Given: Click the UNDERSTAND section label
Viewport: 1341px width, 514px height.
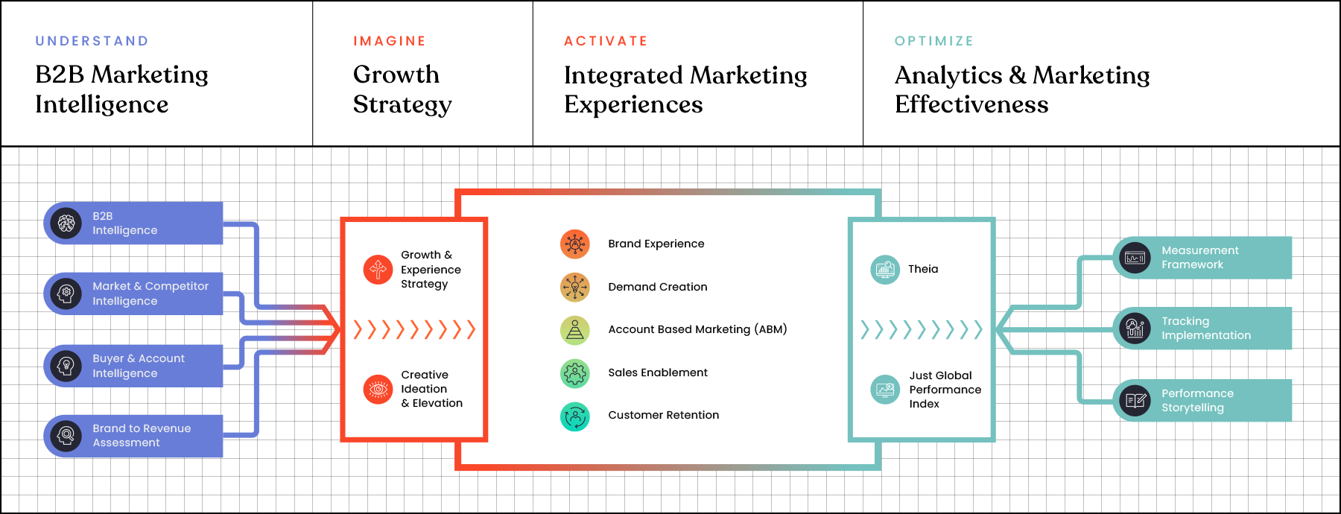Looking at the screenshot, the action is point(92,41).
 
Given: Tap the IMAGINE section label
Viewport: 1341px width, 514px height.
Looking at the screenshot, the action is point(390,41).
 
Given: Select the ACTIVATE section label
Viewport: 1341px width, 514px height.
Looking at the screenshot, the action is point(606,41).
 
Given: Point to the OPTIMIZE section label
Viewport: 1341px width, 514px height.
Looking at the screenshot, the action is point(934,41).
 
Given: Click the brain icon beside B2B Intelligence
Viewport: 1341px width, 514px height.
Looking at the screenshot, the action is point(66,223).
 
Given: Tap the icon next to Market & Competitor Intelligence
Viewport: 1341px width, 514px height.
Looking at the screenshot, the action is point(66,294).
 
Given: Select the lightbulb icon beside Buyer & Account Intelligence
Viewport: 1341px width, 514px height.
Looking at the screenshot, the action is point(66,366).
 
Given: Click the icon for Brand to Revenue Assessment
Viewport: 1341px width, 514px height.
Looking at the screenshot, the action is point(66,435).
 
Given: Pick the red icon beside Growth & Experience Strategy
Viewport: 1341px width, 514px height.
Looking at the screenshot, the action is point(378,269).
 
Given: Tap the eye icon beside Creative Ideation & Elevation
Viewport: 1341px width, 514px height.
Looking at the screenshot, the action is point(378,389).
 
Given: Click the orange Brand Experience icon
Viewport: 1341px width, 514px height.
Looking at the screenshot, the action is point(575,244).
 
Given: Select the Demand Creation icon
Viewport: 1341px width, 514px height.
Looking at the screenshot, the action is point(575,287).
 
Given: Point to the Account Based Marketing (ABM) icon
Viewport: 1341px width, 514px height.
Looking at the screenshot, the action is point(575,329).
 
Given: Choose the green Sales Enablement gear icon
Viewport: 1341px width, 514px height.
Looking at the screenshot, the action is point(575,372).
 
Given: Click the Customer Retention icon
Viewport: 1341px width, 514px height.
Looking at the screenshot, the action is point(575,416).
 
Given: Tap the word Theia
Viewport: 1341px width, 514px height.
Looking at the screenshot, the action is point(923,269).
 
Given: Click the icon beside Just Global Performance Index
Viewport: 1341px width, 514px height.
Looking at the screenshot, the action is point(885,390).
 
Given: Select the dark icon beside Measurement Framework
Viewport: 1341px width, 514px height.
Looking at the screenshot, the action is point(1135,258).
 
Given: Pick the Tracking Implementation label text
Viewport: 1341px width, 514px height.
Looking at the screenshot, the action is point(1206,329).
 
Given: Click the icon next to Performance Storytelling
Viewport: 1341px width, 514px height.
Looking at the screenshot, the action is point(1135,401).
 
